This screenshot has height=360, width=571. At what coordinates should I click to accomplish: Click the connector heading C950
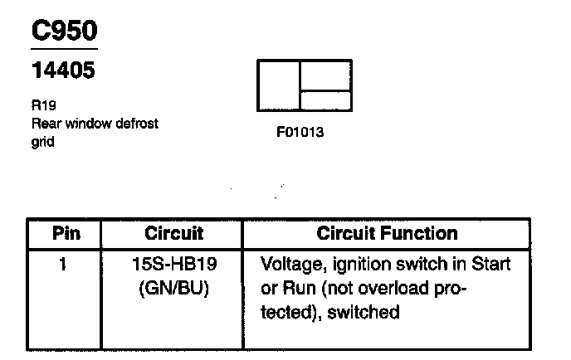[x=64, y=31]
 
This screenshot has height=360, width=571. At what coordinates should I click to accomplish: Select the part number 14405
[x=63, y=71]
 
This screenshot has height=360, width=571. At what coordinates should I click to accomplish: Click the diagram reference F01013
[x=300, y=133]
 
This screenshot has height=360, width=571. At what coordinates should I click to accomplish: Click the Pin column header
[x=66, y=234]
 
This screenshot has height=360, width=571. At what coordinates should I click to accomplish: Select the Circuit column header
[x=174, y=234]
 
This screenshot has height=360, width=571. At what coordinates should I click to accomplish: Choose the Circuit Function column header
[x=387, y=234]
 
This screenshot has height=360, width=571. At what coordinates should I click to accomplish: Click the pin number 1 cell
[x=66, y=265]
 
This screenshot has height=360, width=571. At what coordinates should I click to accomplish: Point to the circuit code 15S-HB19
[x=174, y=265]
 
